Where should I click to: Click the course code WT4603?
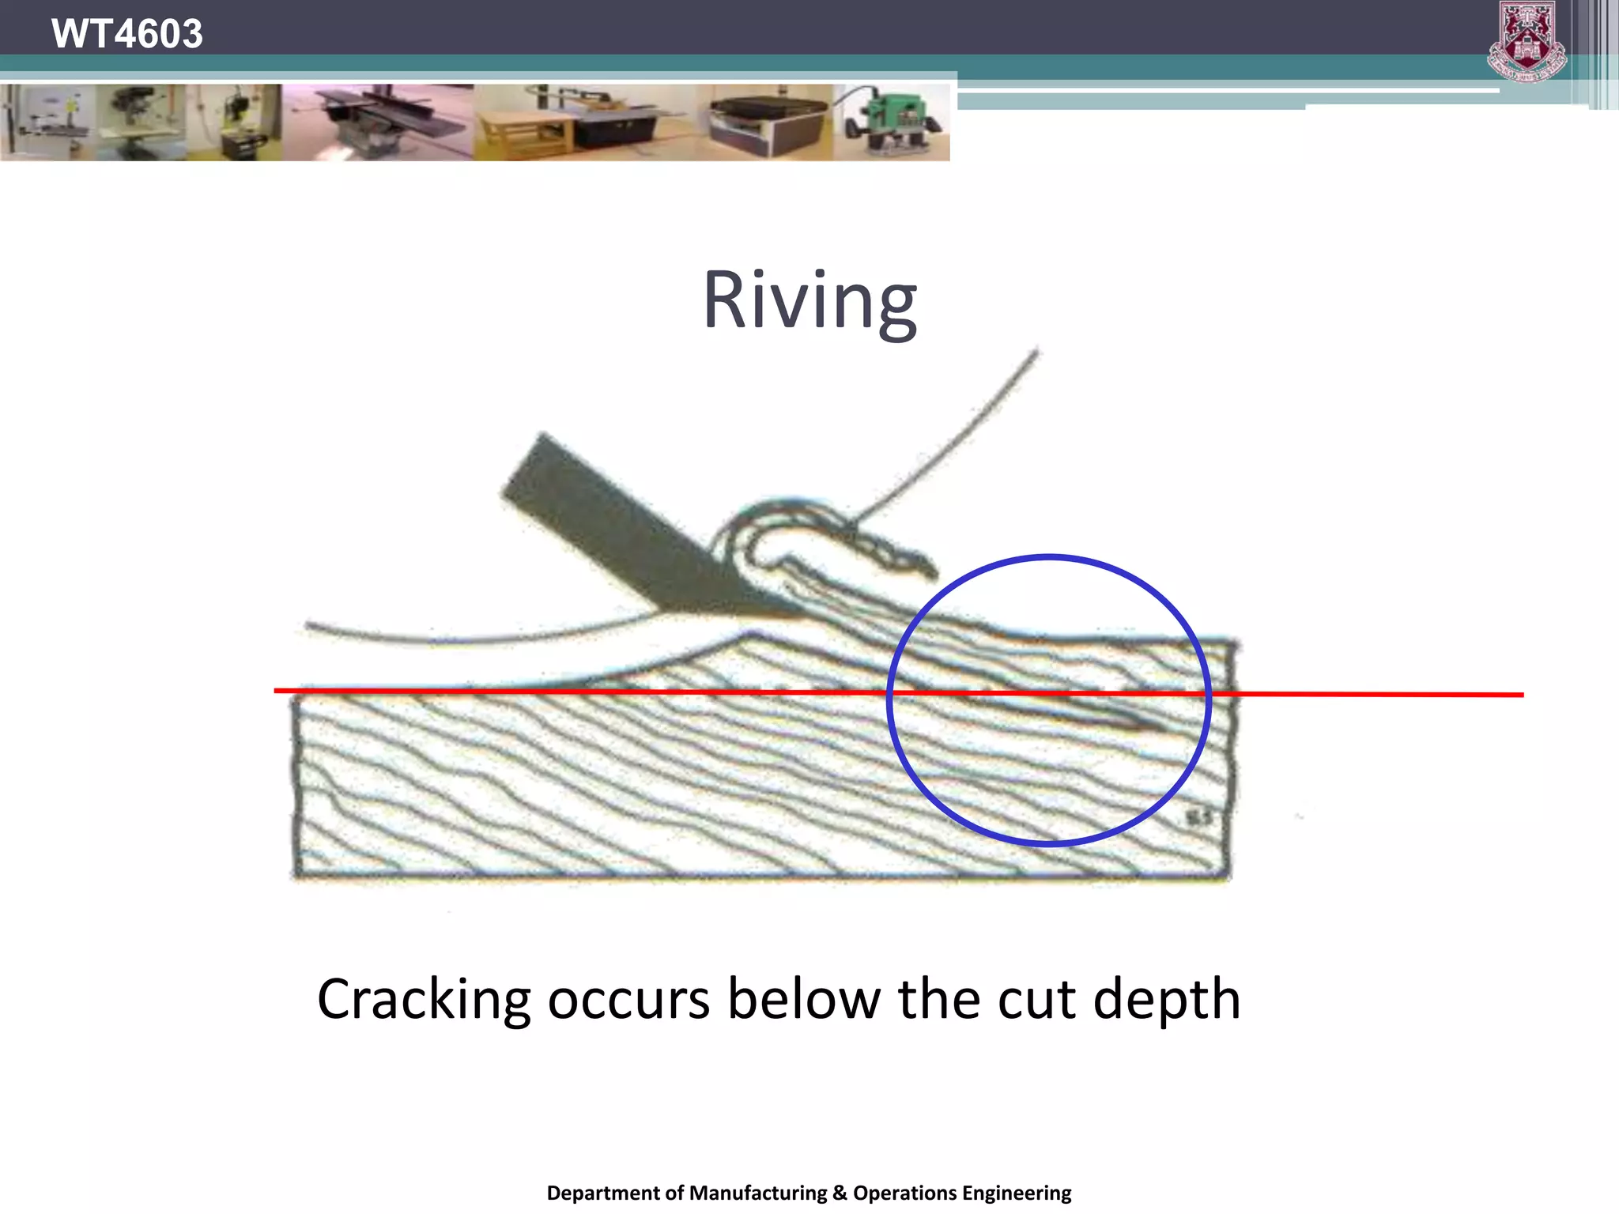tap(126, 33)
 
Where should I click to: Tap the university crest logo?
tap(1527, 41)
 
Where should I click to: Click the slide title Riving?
tap(809, 302)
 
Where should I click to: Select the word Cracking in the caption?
tap(423, 1001)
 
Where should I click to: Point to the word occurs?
tap(628, 1001)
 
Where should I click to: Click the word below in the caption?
tap(803, 999)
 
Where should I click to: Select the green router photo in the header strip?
tap(892, 123)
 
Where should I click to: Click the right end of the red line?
tap(1521, 695)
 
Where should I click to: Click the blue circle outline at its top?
tap(1050, 558)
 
